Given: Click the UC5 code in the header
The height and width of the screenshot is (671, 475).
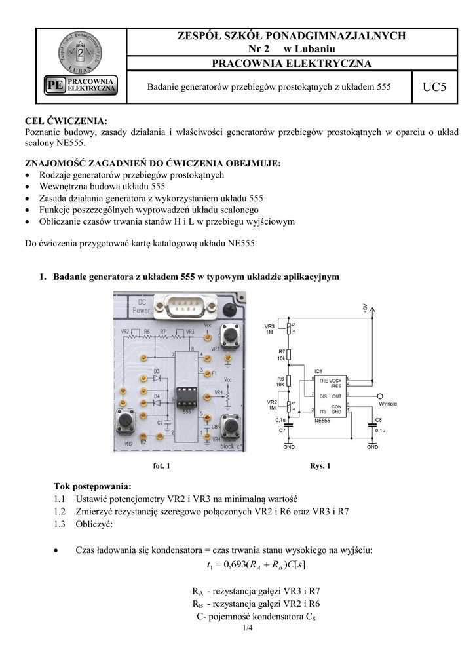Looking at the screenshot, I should pyautogui.click(x=434, y=86).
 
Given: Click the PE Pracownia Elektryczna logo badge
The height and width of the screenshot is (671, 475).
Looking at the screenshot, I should pyautogui.click(x=81, y=85).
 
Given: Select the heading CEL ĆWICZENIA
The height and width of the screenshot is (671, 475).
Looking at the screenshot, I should pyautogui.click(x=66, y=121).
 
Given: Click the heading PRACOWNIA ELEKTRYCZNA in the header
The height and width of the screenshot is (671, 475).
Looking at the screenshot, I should pyautogui.click(x=292, y=64).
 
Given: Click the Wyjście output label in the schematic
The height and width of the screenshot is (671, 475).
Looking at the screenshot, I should pyautogui.click(x=388, y=403).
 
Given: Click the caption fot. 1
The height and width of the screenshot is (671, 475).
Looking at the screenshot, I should pyautogui.click(x=161, y=466).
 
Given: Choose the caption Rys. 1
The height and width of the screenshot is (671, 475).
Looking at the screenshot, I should pyautogui.click(x=320, y=466).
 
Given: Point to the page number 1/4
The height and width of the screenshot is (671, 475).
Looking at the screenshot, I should pyautogui.click(x=247, y=628).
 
